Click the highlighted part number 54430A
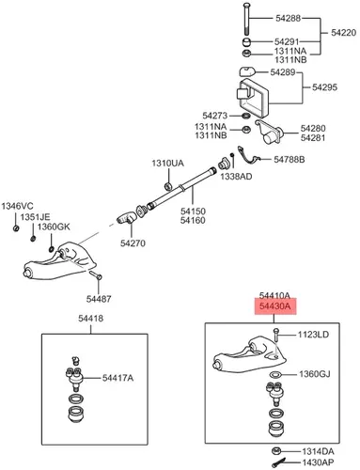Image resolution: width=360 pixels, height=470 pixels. pos(274,305)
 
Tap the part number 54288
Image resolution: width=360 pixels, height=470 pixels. pos(288,18)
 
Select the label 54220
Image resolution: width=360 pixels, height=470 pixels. pos(343,33)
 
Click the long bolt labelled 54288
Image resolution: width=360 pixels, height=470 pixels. pos(246,19)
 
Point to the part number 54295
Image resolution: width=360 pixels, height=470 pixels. pos(324,87)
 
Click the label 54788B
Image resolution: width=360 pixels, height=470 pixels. pos(289,160)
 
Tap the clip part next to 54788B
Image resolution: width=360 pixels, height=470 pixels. pos(249,155)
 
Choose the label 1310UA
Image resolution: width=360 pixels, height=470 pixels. pos(167,164)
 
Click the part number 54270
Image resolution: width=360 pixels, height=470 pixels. pos(133,243)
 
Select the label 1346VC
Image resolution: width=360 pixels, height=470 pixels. pos(17,206)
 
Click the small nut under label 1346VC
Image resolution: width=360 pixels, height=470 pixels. pos(16,228)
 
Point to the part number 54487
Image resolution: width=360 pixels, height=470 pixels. pos(99,299)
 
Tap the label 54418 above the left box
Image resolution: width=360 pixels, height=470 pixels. pos(90,319)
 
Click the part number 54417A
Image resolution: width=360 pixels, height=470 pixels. pos(117,378)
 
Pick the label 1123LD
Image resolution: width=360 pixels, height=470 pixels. pos(313,335)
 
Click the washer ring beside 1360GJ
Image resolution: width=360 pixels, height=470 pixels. pos(275,374)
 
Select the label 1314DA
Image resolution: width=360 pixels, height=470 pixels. pos(318,451)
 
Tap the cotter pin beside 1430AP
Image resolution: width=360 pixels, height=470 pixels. pos(278,462)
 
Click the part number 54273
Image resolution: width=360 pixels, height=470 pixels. pos(214,116)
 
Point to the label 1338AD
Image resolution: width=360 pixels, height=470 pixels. pos(236,177)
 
